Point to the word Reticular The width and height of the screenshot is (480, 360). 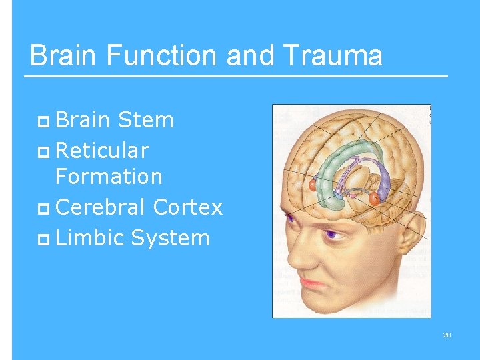102,151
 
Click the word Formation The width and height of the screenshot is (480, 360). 109,177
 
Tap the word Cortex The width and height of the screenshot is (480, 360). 187,207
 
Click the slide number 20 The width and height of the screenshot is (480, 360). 447,335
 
